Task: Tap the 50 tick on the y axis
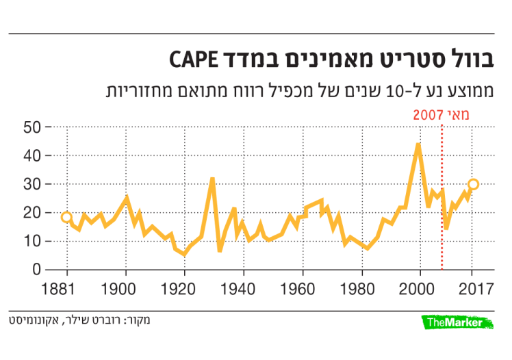click(x=31, y=127)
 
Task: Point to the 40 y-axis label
click(x=31, y=156)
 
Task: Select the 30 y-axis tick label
click(x=31, y=184)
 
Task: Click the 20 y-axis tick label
click(x=31, y=213)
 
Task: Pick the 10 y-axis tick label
click(x=31, y=241)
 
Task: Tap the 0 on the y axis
click(x=36, y=270)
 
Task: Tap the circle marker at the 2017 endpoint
click(x=473, y=184)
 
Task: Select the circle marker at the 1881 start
click(x=66, y=218)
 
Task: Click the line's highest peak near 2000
click(x=418, y=144)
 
